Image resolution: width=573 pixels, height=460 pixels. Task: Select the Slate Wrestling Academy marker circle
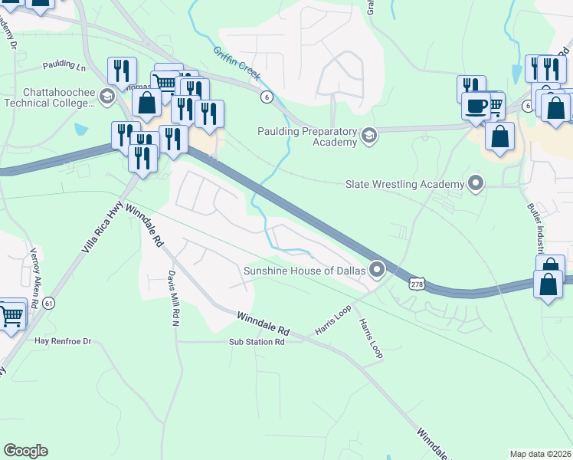click(476, 183)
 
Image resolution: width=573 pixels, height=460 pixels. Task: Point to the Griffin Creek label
click(237, 65)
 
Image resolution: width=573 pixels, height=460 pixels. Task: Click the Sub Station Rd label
click(257, 341)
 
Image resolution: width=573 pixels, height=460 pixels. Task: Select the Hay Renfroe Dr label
click(63, 340)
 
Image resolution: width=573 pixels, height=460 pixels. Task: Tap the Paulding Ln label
click(64, 66)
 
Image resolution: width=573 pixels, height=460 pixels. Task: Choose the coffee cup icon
click(476, 105)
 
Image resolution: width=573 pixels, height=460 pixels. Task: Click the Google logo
click(25, 451)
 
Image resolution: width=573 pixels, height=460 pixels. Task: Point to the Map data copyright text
click(540, 454)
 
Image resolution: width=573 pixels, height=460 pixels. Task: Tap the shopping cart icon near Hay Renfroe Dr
click(11, 315)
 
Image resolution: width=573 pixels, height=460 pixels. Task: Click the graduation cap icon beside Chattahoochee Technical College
click(107, 97)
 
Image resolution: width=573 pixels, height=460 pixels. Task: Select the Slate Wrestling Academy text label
click(405, 184)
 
